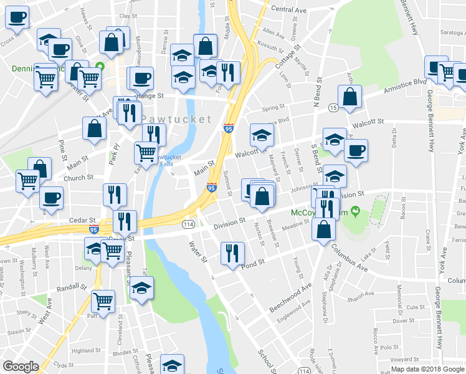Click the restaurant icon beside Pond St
coord(231,253)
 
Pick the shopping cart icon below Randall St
coord(103,301)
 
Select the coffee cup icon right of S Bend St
coord(356,150)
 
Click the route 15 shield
coord(334,108)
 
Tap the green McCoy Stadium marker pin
coord(356,211)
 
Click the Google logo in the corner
coord(21,366)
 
